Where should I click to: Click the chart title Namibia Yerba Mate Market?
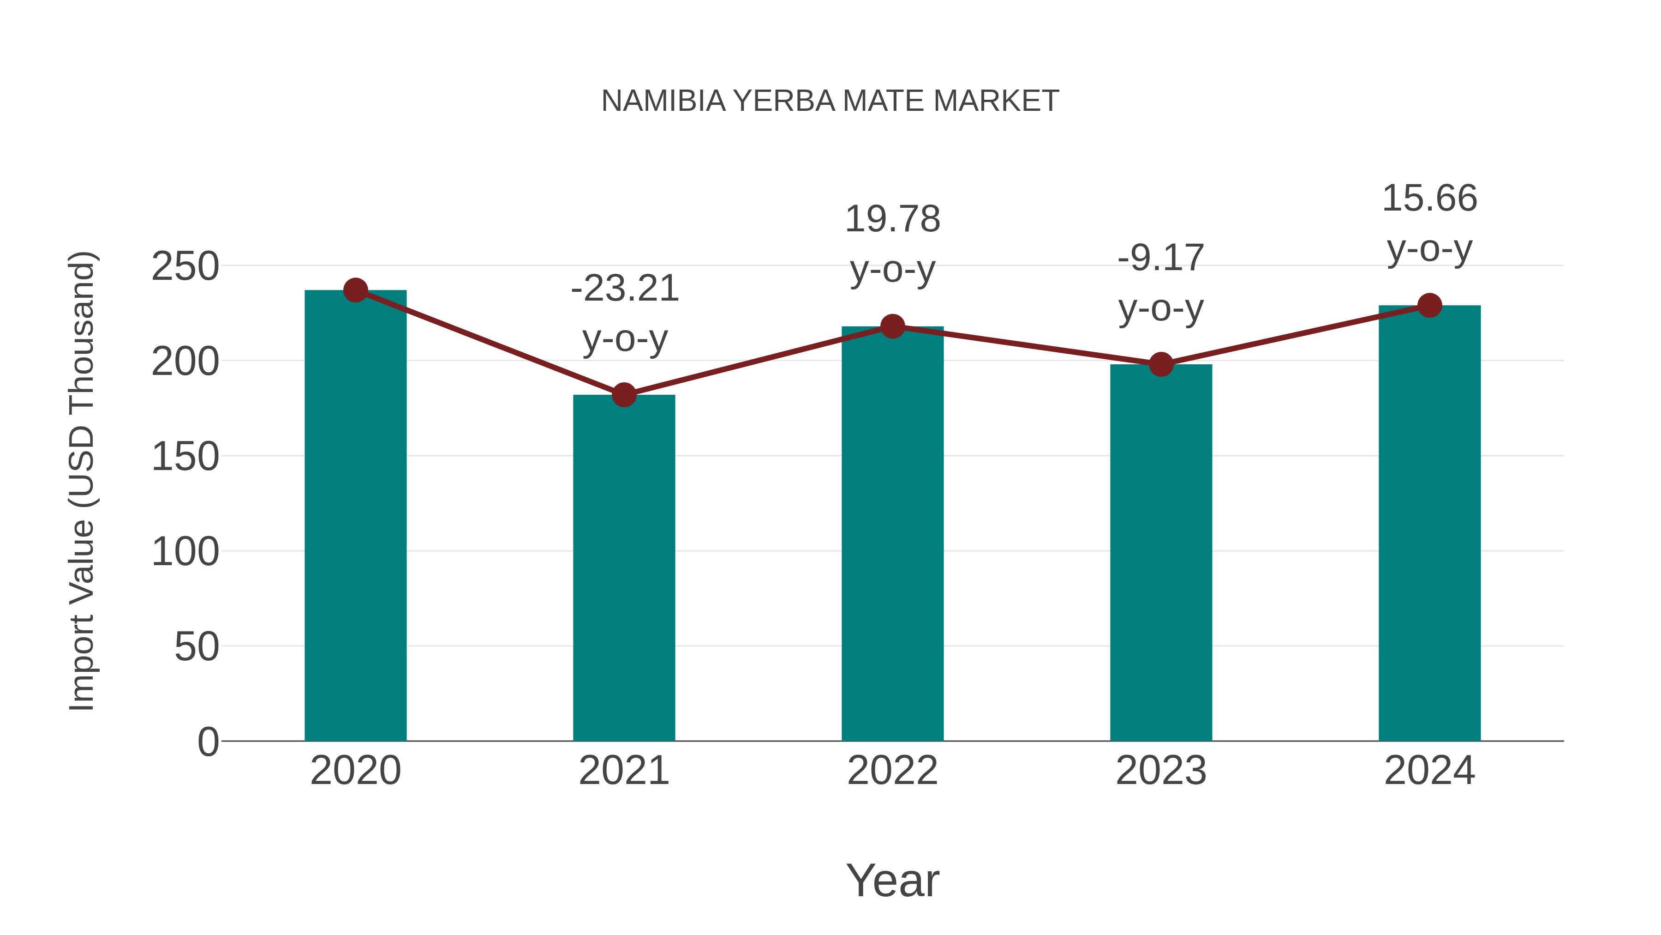click(x=830, y=101)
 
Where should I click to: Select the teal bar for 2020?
click(x=355, y=516)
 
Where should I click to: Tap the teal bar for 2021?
click(x=623, y=568)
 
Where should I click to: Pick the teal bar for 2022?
click(x=892, y=536)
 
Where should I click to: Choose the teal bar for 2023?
click(x=1161, y=555)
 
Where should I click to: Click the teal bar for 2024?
click(x=1429, y=523)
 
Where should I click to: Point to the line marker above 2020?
click(x=355, y=290)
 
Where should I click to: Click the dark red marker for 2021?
click(x=623, y=394)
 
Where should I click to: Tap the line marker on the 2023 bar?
click(x=1161, y=365)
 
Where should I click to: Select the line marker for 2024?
click(x=1429, y=305)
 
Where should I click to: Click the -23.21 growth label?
click(x=625, y=289)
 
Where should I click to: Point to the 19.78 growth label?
click(x=892, y=219)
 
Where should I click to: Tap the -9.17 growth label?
click(x=1161, y=258)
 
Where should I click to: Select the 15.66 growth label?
click(x=1429, y=198)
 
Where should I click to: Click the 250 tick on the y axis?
click(x=185, y=266)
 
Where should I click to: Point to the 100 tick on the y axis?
click(x=185, y=552)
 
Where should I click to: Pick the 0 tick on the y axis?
click(x=208, y=742)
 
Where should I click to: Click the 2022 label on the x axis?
click(x=892, y=771)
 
